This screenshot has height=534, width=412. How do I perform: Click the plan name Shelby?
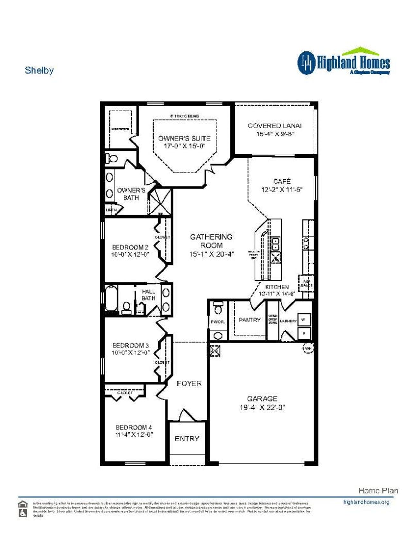pyautogui.click(x=39, y=70)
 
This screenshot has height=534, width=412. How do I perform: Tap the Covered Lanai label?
pyautogui.click(x=275, y=126)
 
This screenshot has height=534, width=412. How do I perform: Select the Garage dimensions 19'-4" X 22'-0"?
pyautogui.click(x=262, y=407)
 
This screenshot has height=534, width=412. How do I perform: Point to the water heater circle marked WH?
pyautogui.click(x=308, y=348)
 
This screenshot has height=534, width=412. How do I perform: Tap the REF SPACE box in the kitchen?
pyautogui.click(x=306, y=283)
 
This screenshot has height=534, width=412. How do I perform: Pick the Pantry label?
pyautogui.click(x=250, y=320)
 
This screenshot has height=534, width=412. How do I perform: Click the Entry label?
pyautogui.click(x=187, y=439)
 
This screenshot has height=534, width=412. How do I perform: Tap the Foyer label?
pyautogui.click(x=189, y=383)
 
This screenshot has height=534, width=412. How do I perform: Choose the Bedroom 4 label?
pyautogui.click(x=134, y=427)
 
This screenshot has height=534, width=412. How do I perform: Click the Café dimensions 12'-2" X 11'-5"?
pyautogui.click(x=282, y=190)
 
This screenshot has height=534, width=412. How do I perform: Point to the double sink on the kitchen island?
pyautogui.click(x=276, y=244)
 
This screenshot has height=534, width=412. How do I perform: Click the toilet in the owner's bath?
pyautogui.click(x=112, y=159)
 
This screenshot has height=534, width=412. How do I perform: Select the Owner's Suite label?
pyautogui.click(x=184, y=139)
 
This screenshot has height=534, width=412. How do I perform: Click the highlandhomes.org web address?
pyautogui.click(x=366, y=502)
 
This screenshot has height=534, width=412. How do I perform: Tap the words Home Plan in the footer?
pyautogui.click(x=378, y=490)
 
